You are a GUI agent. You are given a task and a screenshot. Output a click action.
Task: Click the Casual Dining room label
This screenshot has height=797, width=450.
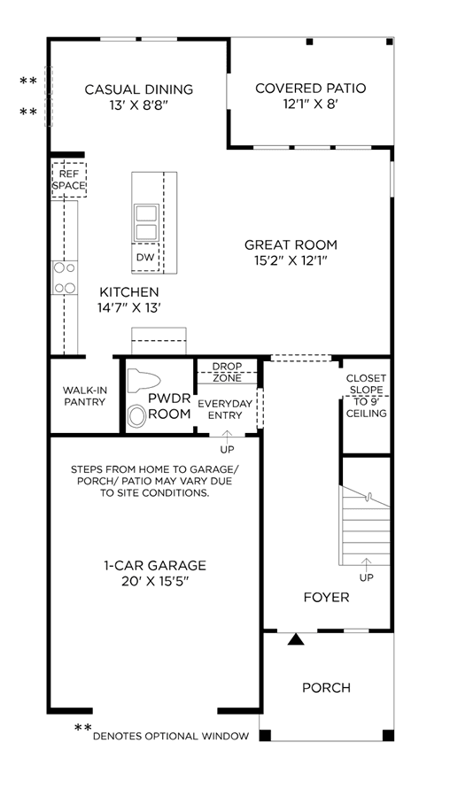[x=139, y=89]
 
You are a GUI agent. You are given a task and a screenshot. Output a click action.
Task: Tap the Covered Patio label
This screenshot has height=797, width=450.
[x=311, y=88]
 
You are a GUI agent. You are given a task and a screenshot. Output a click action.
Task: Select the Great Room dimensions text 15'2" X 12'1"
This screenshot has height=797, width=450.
[x=291, y=260]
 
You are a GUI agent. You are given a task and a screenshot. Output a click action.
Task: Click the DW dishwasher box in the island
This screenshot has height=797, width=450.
[x=145, y=258]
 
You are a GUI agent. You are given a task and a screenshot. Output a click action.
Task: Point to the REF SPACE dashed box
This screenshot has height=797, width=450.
[x=68, y=180]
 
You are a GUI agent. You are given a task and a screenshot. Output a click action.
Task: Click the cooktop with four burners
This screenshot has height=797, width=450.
[x=65, y=277]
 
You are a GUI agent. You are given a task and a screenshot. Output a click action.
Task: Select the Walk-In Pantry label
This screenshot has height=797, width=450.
[x=84, y=396]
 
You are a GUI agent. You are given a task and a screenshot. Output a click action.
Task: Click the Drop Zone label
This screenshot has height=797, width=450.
[x=228, y=372]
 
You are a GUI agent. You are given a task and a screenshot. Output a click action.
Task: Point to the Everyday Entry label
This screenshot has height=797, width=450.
[x=225, y=409]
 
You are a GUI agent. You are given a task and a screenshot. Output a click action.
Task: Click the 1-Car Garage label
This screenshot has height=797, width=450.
[x=155, y=565]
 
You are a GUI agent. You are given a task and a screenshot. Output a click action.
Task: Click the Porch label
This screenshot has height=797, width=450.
[x=327, y=688]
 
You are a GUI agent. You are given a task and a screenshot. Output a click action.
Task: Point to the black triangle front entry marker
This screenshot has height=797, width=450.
[x=296, y=639]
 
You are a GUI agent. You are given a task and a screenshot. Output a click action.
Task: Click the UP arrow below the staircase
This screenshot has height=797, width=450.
[x=366, y=562]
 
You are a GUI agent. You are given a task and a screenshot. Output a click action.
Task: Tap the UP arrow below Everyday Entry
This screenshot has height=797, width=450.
[x=227, y=436]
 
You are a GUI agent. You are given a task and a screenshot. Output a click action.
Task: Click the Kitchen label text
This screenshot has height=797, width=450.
[x=129, y=292]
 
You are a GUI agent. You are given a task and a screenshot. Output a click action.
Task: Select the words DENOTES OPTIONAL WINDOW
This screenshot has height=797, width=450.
[x=171, y=736]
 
